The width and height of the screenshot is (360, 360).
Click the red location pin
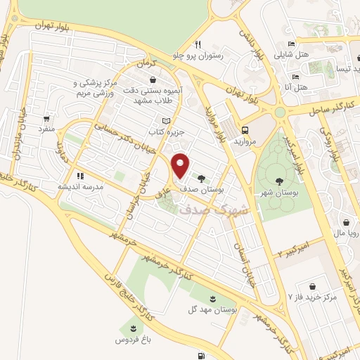181,166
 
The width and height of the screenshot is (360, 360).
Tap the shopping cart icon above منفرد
46,119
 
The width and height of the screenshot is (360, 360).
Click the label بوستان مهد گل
212,309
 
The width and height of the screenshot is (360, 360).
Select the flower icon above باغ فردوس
130,328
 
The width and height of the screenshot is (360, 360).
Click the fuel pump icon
202,355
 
